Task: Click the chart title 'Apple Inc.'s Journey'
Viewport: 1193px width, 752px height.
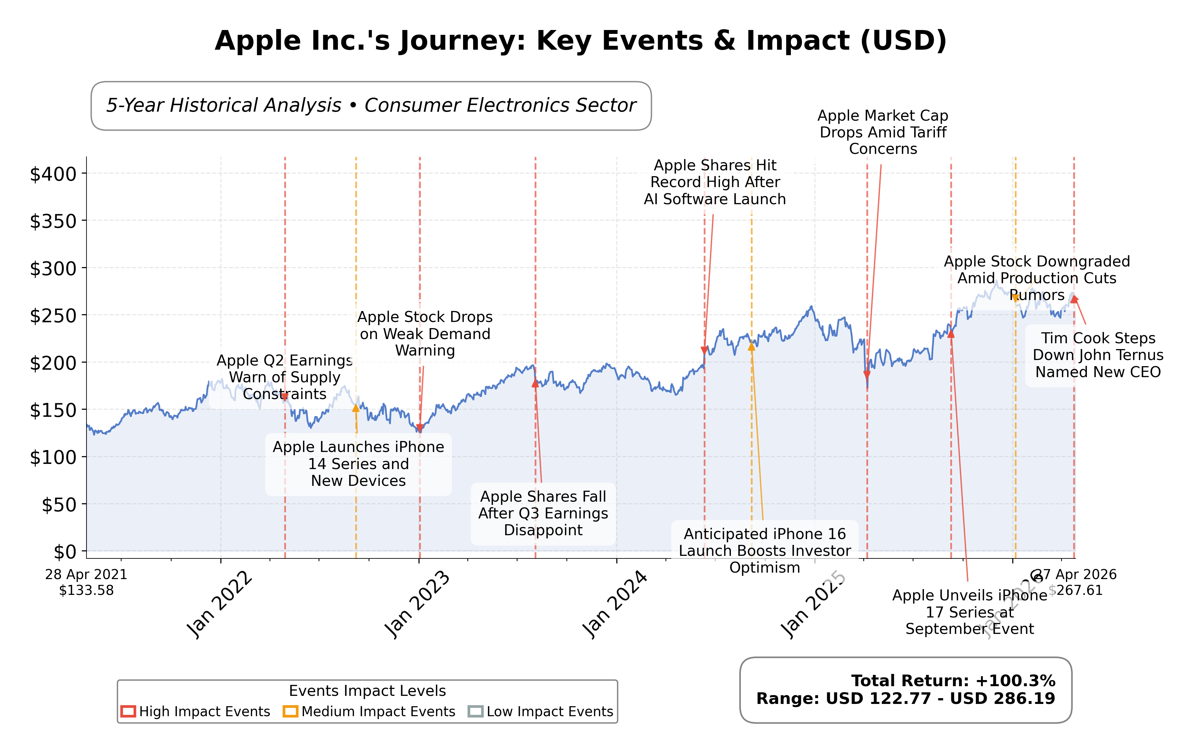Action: (580, 41)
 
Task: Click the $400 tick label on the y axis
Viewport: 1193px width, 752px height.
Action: (54, 174)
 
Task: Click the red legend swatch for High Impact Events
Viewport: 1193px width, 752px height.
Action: (128, 711)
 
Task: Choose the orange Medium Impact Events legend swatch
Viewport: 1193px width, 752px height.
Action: (290, 711)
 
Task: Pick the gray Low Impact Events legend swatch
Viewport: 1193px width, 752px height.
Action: (475, 711)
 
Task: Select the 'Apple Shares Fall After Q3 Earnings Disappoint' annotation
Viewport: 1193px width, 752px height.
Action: (543, 513)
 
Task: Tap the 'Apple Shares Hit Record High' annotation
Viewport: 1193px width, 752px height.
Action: (714, 182)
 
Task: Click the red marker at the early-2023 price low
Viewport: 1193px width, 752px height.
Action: (420, 427)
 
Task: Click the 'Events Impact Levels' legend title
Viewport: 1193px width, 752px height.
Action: (367, 691)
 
